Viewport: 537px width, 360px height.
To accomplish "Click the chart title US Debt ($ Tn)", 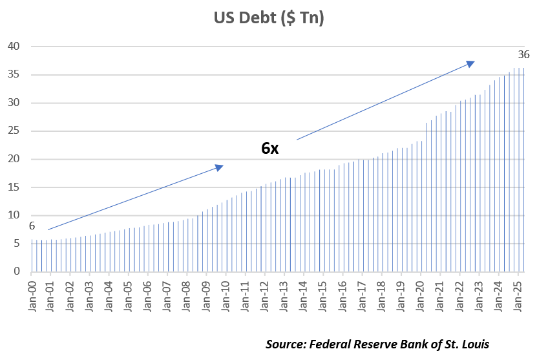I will click(269, 18).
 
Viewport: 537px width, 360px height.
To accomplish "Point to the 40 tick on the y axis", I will click(15, 47).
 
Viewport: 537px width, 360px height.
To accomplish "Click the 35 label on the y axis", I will click(15, 74).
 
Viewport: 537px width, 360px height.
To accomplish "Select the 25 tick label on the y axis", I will click(15, 131).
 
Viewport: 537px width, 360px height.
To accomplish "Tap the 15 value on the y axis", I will click(15, 187).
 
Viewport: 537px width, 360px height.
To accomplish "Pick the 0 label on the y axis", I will click(17, 271).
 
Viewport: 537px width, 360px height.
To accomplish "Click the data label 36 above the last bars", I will click(523, 54).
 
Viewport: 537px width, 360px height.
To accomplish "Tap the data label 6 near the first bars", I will click(31, 226).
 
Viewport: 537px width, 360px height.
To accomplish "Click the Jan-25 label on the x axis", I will click(518, 293).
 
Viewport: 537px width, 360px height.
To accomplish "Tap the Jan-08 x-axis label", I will click(187, 293).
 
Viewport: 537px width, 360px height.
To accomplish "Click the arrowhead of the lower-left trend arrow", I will click(220, 167).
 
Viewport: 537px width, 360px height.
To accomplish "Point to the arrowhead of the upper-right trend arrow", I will click(471, 63).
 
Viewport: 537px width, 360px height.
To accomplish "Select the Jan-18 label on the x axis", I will click(382, 293).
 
